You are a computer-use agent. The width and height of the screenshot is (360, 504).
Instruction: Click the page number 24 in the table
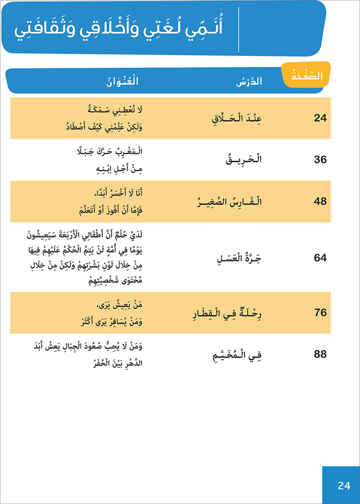pyautogui.click(x=320, y=118)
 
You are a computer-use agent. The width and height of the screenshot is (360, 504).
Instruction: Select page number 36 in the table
pyautogui.click(x=320, y=159)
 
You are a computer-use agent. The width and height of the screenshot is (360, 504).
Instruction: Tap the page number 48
pyautogui.click(x=320, y=201)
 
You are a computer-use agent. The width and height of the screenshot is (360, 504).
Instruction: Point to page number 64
pyautogui.click(x=320, y=258)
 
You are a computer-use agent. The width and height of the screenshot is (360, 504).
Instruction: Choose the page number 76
pyautogui.click(x=320, y=312)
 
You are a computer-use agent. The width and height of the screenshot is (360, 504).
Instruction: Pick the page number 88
pyautogui.click(x=320, y=354)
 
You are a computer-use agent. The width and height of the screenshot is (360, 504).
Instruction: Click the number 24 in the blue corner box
pyautogui.click(x=344, y=485)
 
